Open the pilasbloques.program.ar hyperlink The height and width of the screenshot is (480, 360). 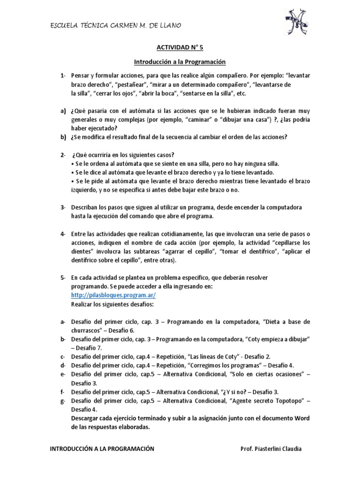click(x=113, y=295)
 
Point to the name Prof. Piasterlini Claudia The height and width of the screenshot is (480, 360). click(x=271, y=449)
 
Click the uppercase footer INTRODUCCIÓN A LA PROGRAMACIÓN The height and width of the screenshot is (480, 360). click(x=102, y=449)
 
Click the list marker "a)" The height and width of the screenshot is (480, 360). click(x=63, y=111)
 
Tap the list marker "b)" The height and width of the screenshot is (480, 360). click(x=63, y=137)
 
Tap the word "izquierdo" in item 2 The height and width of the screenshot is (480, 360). click(x=86, y=190)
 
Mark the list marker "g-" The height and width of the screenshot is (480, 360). click(x=63, y=401)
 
